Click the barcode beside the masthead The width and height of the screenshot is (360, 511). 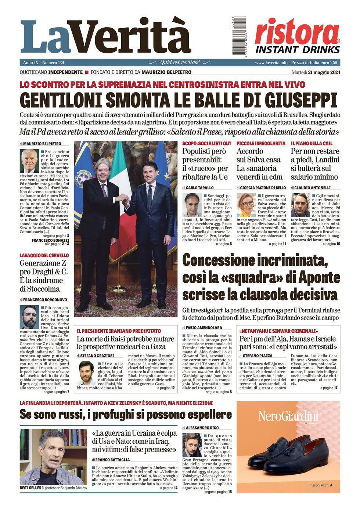pos(239,36)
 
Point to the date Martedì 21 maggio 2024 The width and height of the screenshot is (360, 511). pos(316,72)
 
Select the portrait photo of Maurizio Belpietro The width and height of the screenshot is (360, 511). pos(29,161)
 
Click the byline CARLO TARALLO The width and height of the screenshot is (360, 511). pos(200,188)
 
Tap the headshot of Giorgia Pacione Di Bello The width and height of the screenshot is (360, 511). pos(246,205)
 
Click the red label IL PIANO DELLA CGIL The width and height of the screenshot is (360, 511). pos(312,143)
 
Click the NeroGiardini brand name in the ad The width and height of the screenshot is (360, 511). pos(288,416)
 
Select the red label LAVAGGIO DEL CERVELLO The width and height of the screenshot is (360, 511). pos(44,255)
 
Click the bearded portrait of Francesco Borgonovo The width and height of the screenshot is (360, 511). pos(29,317)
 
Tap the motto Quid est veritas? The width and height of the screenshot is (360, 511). pos(180,62)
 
